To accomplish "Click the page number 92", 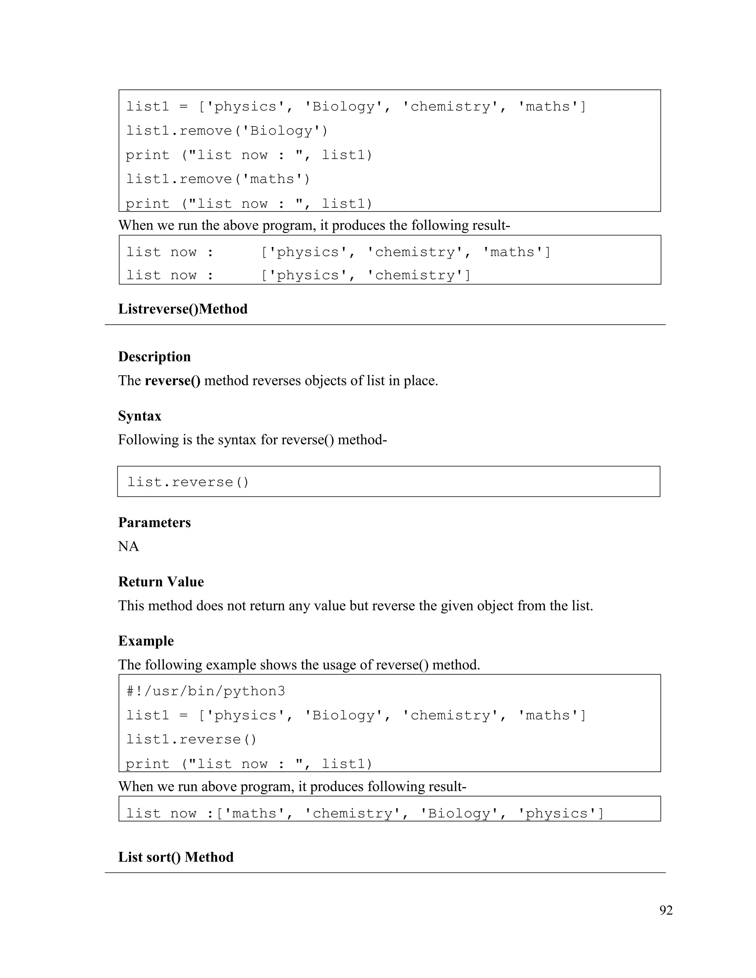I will pos(666,910).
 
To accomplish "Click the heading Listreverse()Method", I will pos(183,309).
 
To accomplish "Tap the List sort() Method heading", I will pos(176,857).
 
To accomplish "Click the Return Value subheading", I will pos(161,581).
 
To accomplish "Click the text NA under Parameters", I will pos(128,546).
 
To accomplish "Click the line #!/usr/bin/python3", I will pos(205,691).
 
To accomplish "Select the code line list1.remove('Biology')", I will pos(227,131).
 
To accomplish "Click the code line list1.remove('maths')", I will pos(218,179).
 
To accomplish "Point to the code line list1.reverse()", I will pos(191,739).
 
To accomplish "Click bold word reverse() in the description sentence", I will pos(172,380).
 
